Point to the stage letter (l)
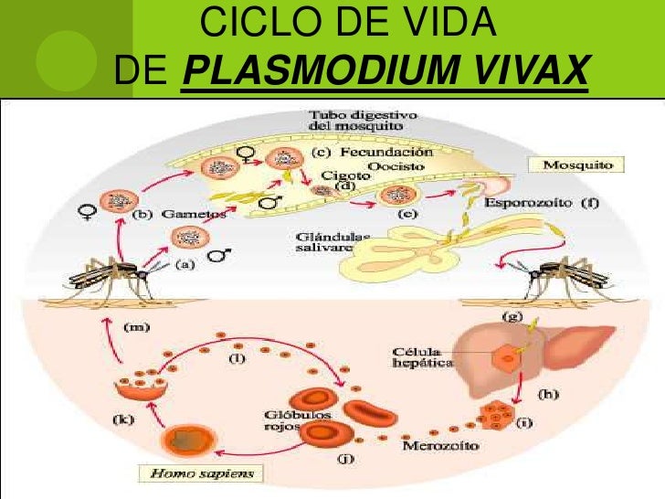[x=237, y=357]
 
